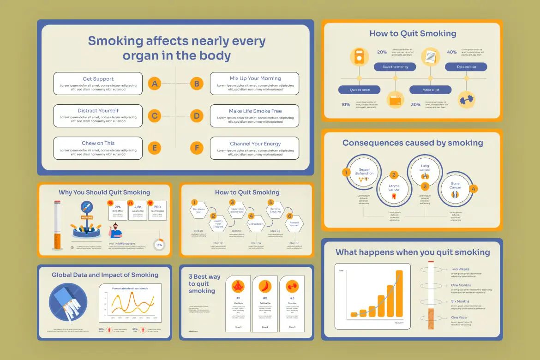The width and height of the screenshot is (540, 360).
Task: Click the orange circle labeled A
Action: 155,84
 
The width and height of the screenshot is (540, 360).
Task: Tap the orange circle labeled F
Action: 197,148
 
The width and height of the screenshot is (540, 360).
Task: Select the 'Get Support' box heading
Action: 98,79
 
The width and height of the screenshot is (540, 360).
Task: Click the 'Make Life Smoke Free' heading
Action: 255,111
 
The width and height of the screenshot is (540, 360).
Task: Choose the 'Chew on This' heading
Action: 98,143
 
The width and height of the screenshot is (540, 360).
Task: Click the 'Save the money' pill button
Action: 395,67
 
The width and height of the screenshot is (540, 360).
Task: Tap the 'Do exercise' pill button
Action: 466,67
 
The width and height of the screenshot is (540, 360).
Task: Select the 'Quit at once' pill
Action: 359,90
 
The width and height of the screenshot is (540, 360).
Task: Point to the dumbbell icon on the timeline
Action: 466,99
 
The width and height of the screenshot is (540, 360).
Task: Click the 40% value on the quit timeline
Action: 451,52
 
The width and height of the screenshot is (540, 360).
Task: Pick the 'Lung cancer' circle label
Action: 425,168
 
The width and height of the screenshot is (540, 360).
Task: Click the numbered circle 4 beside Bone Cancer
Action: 473,189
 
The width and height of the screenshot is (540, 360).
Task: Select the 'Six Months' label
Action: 460,301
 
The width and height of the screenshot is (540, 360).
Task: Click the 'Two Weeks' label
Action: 460,269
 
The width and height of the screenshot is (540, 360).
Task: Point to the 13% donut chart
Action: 159,245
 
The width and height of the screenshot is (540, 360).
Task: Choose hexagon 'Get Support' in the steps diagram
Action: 256,224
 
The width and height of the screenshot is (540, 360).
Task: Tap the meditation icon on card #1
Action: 238,286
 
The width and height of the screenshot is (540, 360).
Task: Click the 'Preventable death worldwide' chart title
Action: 130,288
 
